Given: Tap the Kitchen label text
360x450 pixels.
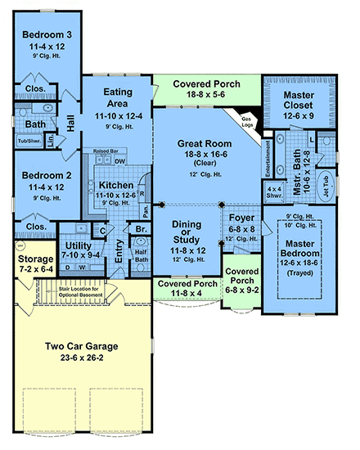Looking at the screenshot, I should (117, 186).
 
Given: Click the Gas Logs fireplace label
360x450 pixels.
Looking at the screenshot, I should (244, 121).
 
